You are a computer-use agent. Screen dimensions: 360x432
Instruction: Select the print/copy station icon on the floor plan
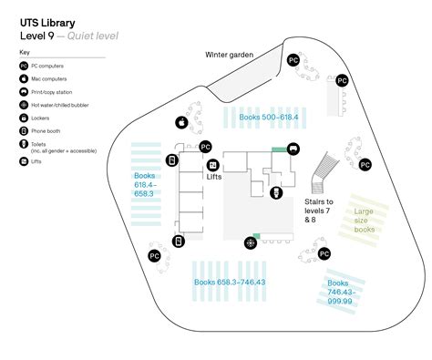(x=293, y=149)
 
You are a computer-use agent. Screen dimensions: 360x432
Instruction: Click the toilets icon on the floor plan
(x=276, y=192)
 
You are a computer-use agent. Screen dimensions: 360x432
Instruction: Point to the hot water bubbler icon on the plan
(x=250, y=242)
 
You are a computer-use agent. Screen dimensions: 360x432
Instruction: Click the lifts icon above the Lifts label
(x=212, y=165)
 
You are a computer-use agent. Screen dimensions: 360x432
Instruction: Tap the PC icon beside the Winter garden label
(x=293, y=60)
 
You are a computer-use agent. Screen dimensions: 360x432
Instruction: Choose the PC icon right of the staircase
(x=365, y=164)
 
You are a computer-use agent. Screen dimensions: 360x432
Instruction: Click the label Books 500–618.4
(x=268, y=118)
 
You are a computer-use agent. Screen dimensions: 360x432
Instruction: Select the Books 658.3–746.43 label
(x=230, y=282)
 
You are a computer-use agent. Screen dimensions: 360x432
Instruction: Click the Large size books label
(x=365, y=221)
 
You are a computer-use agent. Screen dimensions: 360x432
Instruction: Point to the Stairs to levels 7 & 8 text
(x=318, y=210)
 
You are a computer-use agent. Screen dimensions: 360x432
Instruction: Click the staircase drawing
(x=324, y=171)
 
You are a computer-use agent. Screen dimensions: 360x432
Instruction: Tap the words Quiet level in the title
(x=90, y=35)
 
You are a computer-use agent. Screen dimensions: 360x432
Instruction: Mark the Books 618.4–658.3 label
(x=145, y=184)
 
